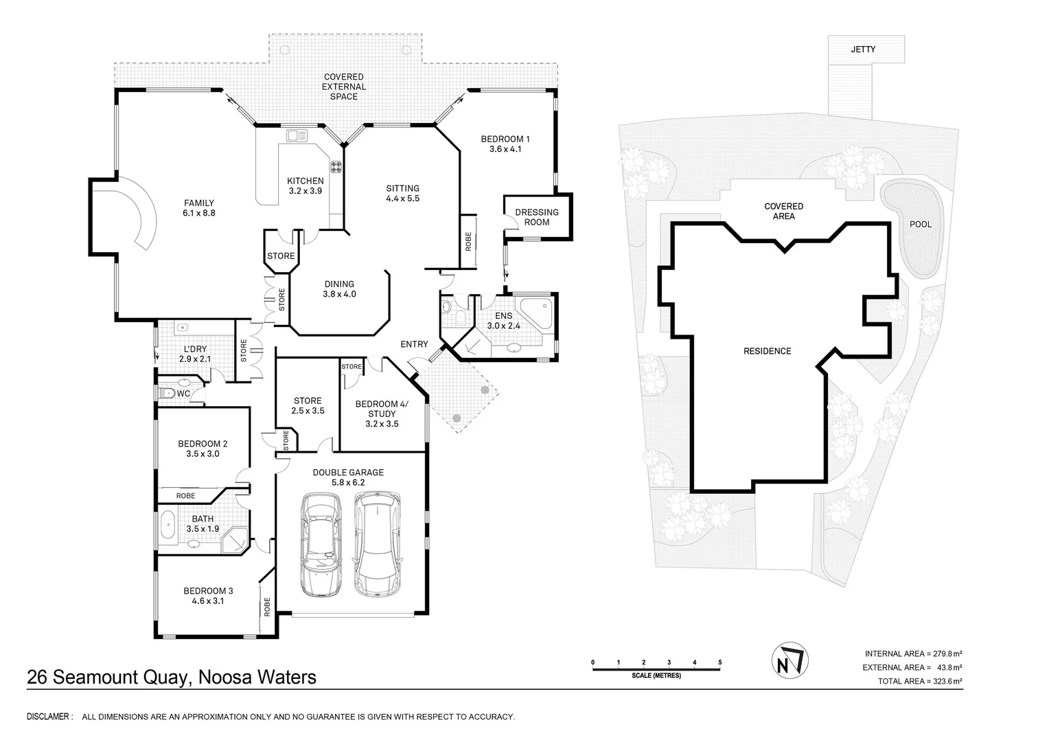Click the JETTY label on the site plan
click(863, 49)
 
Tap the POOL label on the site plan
click(920, 224)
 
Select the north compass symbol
click(790, 661)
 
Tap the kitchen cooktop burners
click(336, 166)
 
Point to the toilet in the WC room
click(168, 393)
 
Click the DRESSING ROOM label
click(537, 217)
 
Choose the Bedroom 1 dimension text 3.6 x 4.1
click(505, 149)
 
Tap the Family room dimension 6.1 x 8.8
click(199, 213)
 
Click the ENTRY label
click(414, 344)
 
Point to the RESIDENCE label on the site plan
click(768, 351)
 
